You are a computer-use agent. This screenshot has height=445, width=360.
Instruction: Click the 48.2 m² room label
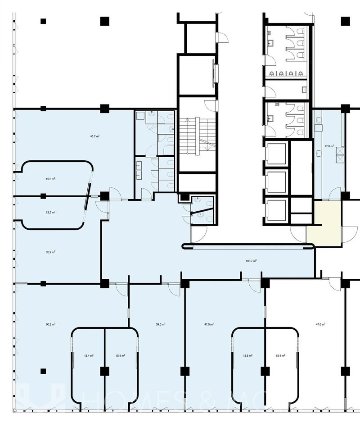tap(94, 136)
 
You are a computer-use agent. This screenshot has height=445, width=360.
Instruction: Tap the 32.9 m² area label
tap(50, 252)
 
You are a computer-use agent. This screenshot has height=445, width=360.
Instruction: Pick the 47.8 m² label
tap(320, 324)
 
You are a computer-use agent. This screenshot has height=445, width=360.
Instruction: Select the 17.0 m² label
tap(329, 146)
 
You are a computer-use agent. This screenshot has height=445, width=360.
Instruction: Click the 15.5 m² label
tap(247, 355)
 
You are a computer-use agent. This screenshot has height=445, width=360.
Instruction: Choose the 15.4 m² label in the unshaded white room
tap(280, 355)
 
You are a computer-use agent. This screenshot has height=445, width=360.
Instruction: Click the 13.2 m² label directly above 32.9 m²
tap(50, 212)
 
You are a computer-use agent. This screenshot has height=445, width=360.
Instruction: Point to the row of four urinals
tap(286, 73)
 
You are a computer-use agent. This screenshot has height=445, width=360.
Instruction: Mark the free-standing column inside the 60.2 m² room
tap(43, 371)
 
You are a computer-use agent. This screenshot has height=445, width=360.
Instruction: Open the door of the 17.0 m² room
tap(334, 194)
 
